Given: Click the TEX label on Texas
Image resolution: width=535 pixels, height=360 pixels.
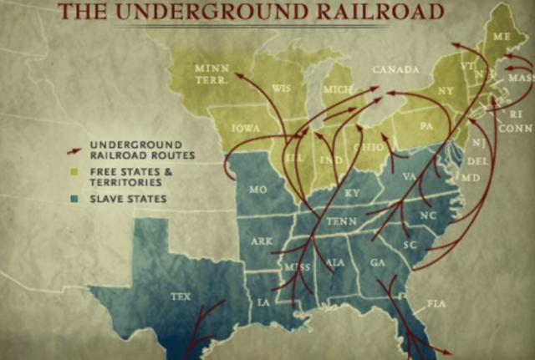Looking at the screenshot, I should [180, 297].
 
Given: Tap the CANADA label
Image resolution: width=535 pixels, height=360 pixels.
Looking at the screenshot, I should [395, 69].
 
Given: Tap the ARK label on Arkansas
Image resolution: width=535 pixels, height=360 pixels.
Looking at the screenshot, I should [261, 241].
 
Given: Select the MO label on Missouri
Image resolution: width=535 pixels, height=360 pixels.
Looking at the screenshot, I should [258, 190].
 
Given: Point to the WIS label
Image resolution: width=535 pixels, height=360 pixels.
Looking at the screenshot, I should [281, 89].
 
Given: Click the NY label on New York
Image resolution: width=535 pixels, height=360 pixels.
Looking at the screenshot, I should [445, 89].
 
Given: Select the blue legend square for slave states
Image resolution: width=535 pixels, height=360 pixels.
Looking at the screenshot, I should [74, 199].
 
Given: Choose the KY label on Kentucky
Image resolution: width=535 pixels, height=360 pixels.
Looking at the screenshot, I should [351, 193].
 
